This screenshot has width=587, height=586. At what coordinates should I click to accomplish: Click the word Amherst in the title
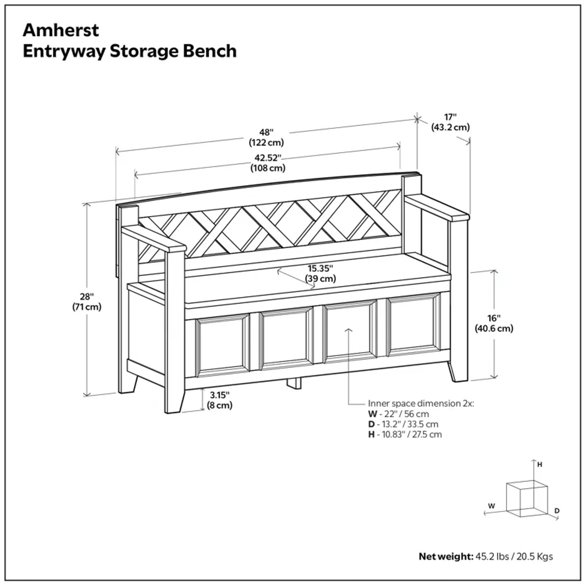coord(61,30)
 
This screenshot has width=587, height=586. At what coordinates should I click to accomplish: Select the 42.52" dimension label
coord(268,163)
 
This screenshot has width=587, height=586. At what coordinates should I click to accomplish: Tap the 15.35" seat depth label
coord(321,273)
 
